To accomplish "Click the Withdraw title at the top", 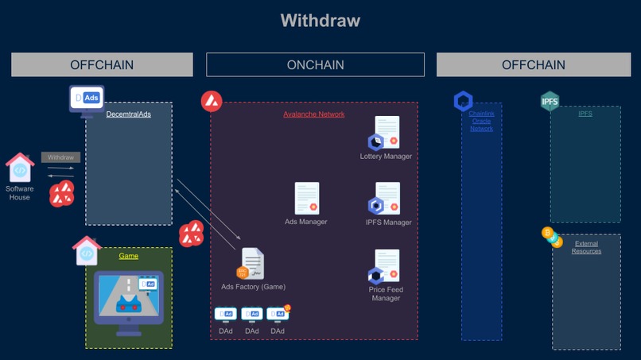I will pos(320,20).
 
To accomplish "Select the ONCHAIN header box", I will pos(315,64).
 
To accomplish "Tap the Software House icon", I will pos(20,168).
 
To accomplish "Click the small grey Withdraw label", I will pos(60,157).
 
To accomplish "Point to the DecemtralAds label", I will pos(128,114).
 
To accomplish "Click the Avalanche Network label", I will pos(314,114).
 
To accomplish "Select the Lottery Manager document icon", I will pos(387,133).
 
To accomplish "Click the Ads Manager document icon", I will pos(306,199).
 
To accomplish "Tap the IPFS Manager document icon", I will pos(387,199).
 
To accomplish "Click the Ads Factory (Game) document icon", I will pos(252,264).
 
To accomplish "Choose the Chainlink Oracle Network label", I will pos(481,121).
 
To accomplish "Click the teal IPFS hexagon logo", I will pos(550,102).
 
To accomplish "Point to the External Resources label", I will pos(586,247).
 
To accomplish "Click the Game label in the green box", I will pos(128,256).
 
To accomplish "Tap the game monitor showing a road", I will pos(128,296).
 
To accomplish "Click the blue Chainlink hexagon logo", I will pos(463,101).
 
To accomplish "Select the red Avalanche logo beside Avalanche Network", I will pos(212,101).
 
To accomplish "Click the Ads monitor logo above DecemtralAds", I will pos(86,99).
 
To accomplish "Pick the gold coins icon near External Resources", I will pos(551,237).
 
